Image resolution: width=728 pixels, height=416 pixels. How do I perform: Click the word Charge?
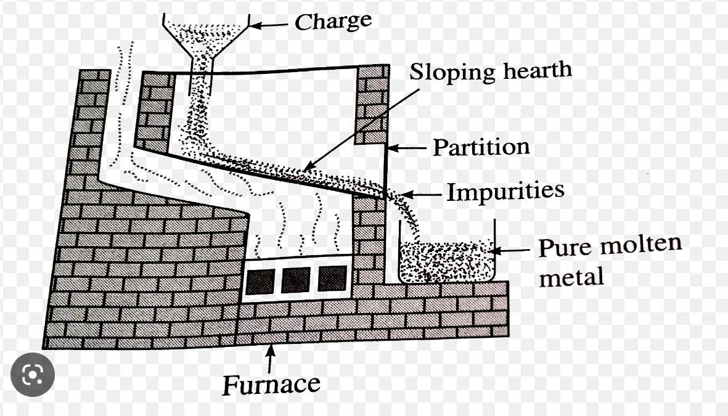coord(333,22)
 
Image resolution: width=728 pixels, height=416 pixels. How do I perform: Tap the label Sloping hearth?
coord(491,71)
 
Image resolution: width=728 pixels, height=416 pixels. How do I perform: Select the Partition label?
coord(481,147)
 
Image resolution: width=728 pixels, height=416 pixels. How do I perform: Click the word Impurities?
coord(505,191)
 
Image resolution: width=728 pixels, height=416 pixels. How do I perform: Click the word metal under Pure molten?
coord(571,277)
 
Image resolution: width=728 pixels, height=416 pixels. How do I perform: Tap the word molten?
coord(641,245)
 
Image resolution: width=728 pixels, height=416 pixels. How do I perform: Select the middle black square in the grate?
coord(295,280)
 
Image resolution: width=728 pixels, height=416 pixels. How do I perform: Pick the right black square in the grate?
coord(332,279)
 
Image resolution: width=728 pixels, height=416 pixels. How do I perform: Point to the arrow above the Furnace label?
coord(269,358)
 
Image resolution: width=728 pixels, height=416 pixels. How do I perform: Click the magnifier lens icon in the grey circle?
coord(33,374)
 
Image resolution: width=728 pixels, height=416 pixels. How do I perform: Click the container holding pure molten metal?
coord(447,262)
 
